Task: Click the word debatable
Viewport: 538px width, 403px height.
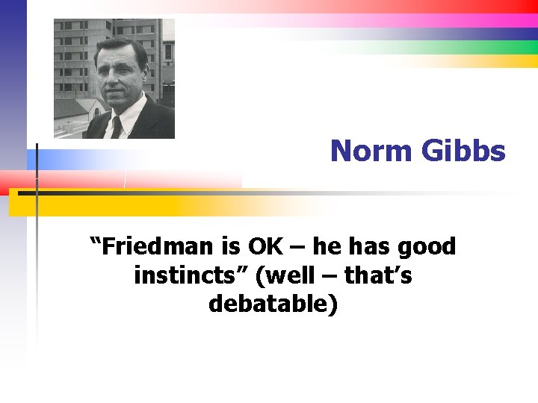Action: click(x=273, y=304)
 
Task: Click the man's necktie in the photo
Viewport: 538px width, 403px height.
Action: click(x=117, y=127)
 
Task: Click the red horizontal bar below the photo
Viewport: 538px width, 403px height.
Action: click(x=112, y=180)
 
